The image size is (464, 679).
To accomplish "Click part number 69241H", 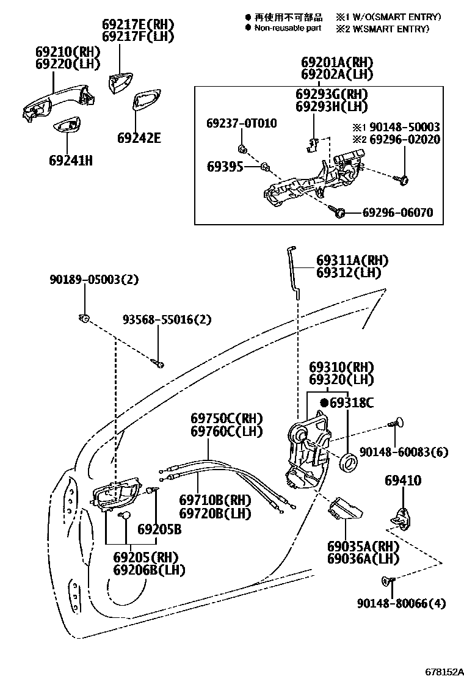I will click(x=71, y=161).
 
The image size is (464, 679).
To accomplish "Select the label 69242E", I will click(x=139, y=138).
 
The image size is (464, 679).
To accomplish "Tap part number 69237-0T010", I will click(x=241, y=123).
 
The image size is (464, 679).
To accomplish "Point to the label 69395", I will click(x=225, y=166).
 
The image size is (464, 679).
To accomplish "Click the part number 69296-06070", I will click(x=397, y=213).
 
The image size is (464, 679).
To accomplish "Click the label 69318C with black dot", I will click(x=347, y=402).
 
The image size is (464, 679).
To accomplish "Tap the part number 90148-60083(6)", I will click(x=404, y=452).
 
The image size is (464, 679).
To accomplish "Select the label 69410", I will click(x=402, y=481).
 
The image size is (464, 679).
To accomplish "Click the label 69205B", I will click(x=159, y=529).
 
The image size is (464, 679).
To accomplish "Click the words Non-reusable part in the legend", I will click(x=288, y=28).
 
